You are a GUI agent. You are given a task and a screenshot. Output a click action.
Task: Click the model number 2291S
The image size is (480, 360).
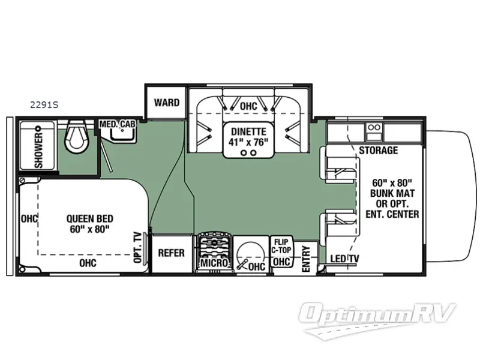coord(44,104)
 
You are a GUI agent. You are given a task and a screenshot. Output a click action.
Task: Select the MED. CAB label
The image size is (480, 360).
coord(118,124)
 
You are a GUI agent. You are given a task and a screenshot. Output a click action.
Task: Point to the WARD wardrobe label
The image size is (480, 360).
coord(166,103)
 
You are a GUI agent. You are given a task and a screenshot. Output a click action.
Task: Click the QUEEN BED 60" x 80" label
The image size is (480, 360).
coord(90,224)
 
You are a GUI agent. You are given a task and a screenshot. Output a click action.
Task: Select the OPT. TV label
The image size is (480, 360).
coord(139,247)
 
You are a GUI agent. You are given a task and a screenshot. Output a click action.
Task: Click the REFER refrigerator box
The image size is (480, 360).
coord(171,253)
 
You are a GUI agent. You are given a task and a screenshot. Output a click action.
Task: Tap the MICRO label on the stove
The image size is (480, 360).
coord(214,263)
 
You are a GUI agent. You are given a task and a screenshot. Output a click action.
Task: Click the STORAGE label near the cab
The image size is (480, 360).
coord(378,150)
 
